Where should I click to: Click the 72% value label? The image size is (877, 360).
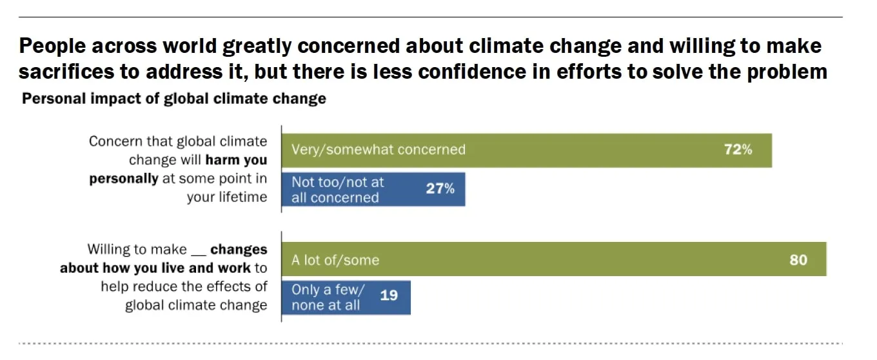[738, 150]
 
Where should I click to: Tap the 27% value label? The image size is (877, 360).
[440, 189]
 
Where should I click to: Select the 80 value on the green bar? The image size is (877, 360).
[798, 260]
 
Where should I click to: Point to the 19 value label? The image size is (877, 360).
[389, 295]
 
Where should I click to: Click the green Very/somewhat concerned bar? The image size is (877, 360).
[580, 150]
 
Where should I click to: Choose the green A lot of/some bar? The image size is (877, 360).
[580, 259]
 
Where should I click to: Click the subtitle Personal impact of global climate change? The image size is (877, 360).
[174, 99]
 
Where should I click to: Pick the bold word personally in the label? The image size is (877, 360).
[123, 179]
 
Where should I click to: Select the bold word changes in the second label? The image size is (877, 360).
[239, 249]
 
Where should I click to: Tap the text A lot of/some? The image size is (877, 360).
[335, 261]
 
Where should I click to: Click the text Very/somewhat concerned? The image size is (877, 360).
[378, 150]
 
